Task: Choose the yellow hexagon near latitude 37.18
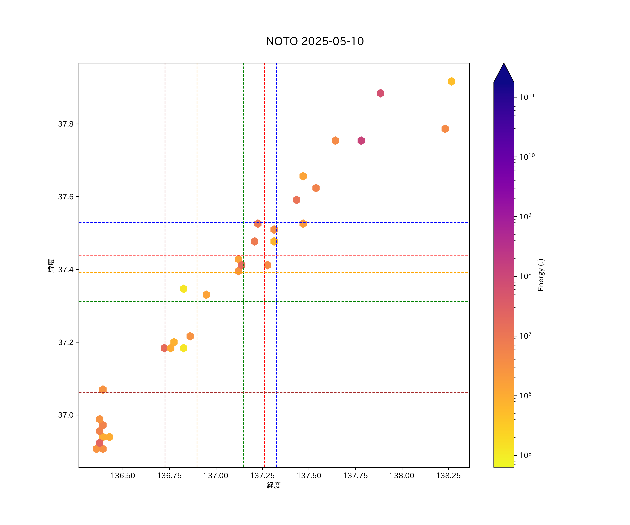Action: pos(184,348)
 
